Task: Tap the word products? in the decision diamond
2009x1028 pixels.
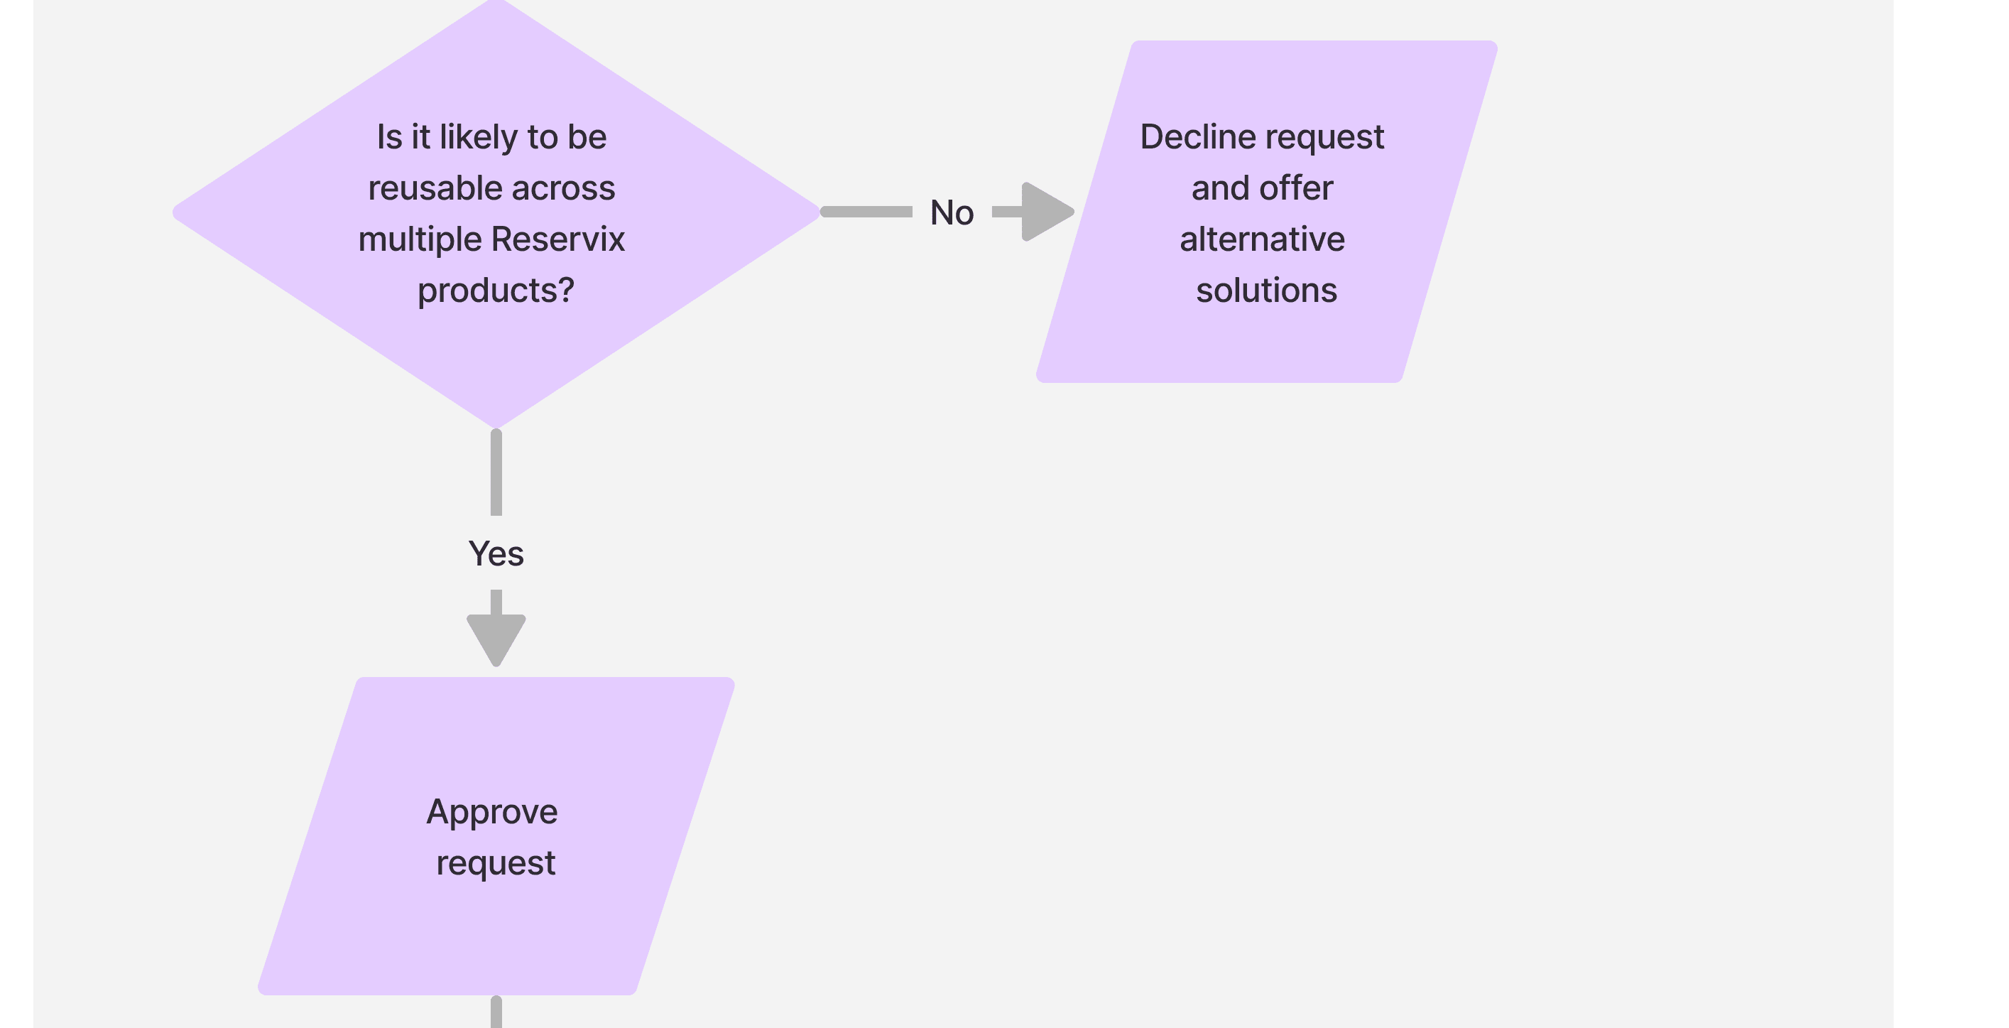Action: pos(495,291)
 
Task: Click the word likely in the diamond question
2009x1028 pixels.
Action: pos(478,138)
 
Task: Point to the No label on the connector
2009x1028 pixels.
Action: pos(952,213)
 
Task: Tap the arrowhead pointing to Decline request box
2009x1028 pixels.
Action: pos(1045,212)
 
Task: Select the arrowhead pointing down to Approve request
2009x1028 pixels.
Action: pos(496,637)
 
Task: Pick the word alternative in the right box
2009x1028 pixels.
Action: pos(1262,239)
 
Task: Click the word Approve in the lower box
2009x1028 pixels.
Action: pos(492,813)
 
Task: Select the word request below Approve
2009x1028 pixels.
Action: pos(495,863)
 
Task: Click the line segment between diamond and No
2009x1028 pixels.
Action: pos(866,212)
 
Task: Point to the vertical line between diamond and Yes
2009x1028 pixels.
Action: pos(496,472)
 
